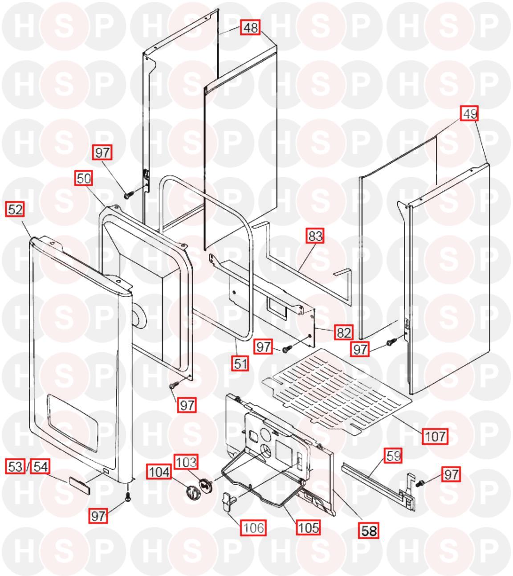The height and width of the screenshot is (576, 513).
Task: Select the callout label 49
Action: (x=469, y=114)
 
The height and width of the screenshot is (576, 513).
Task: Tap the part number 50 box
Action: (x=84, y=178)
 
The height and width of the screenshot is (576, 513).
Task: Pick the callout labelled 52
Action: (x=15, y=209)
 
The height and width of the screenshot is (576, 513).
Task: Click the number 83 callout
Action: (x=315, y=236)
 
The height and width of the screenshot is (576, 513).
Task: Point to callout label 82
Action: (x=344, y=332)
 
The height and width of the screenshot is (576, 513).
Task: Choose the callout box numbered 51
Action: (x=240, y=364)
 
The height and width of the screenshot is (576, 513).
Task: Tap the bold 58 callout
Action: (x=369, y=531)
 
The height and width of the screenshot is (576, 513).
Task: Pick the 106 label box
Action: (x=253, y=528)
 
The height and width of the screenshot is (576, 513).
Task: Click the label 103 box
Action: (x=186, y=462)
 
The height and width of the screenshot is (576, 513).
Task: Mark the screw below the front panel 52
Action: (x=127, y=497)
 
